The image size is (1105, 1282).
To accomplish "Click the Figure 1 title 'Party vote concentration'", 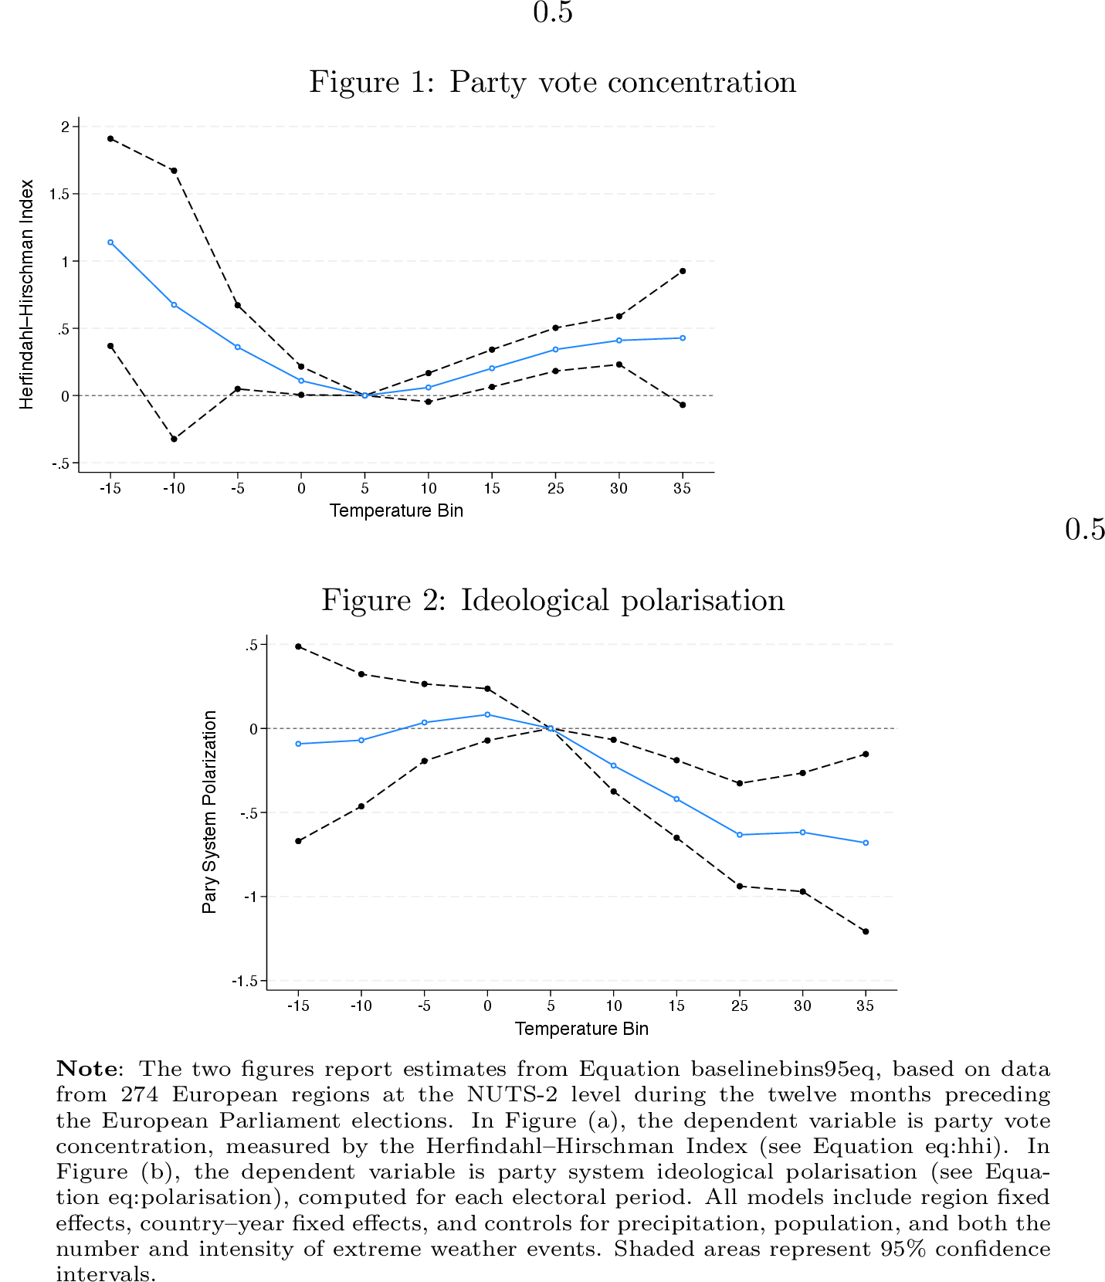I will pos(552,82).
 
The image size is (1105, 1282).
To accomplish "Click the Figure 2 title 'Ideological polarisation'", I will pos(553,600).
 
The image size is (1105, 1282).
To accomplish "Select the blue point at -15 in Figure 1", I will pos(110,242).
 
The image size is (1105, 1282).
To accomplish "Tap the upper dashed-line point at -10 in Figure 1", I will pos(174,171).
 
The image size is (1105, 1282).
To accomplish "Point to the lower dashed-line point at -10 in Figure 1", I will pos(174,439).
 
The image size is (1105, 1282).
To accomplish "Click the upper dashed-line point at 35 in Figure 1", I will pos(683,271).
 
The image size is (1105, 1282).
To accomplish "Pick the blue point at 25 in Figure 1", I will pos(555,350).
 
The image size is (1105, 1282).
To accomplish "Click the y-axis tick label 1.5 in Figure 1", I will pos(59,194).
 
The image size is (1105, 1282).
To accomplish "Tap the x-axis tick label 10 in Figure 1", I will pos(429,488).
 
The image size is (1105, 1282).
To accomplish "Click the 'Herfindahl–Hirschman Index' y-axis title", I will pos(27,294).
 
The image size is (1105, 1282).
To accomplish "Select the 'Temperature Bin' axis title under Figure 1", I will pos(396,510).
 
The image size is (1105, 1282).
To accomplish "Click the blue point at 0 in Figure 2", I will pos(487,714).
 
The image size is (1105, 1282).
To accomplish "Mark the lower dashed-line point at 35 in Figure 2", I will pos(866,931).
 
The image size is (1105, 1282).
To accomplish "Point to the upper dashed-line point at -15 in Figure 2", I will pos(298,646).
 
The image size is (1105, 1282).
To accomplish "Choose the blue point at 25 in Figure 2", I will pos(740,835).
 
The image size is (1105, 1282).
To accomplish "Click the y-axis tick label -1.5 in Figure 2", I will pos(244,981).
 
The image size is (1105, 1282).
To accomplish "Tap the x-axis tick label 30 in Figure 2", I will pos(802,1006).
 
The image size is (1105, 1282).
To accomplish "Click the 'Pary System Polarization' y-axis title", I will pos(209,812).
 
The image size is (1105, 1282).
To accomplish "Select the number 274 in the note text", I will pos(140,1094).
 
